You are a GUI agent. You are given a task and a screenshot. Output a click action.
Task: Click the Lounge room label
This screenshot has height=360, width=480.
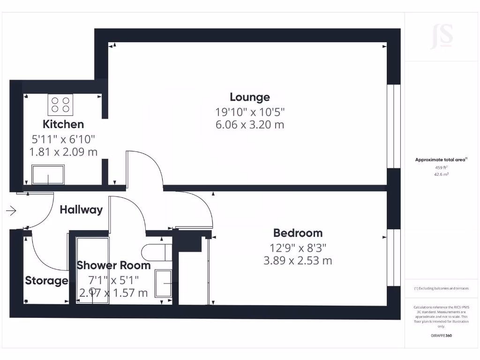250,97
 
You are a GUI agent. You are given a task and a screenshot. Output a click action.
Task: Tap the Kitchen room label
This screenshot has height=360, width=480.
63,124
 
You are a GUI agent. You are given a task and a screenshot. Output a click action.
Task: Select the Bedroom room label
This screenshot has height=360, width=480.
298,233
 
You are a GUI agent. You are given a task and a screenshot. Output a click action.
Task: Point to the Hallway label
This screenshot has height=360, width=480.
81,210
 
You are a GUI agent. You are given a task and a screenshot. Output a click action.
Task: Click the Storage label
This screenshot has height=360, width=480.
46,281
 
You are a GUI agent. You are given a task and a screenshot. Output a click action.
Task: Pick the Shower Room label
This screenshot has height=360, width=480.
114,265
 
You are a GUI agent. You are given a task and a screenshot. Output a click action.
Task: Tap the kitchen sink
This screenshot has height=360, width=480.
47,175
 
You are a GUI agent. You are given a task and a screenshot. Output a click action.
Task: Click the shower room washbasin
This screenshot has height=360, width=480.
164,284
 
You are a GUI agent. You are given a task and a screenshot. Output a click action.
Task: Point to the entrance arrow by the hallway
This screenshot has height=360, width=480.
11,211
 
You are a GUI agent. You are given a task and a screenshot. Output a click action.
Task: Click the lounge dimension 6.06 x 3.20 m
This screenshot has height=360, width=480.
250,125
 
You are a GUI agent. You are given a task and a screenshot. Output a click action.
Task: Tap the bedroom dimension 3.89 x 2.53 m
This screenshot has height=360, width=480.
298,261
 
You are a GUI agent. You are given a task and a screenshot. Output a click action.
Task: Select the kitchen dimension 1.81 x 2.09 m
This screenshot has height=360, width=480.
63,152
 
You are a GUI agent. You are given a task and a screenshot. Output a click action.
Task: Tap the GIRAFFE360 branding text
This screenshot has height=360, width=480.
441,336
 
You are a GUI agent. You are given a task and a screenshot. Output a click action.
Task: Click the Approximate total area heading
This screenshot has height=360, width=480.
441,160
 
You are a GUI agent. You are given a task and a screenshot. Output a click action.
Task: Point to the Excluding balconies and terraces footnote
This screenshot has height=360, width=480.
441,289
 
